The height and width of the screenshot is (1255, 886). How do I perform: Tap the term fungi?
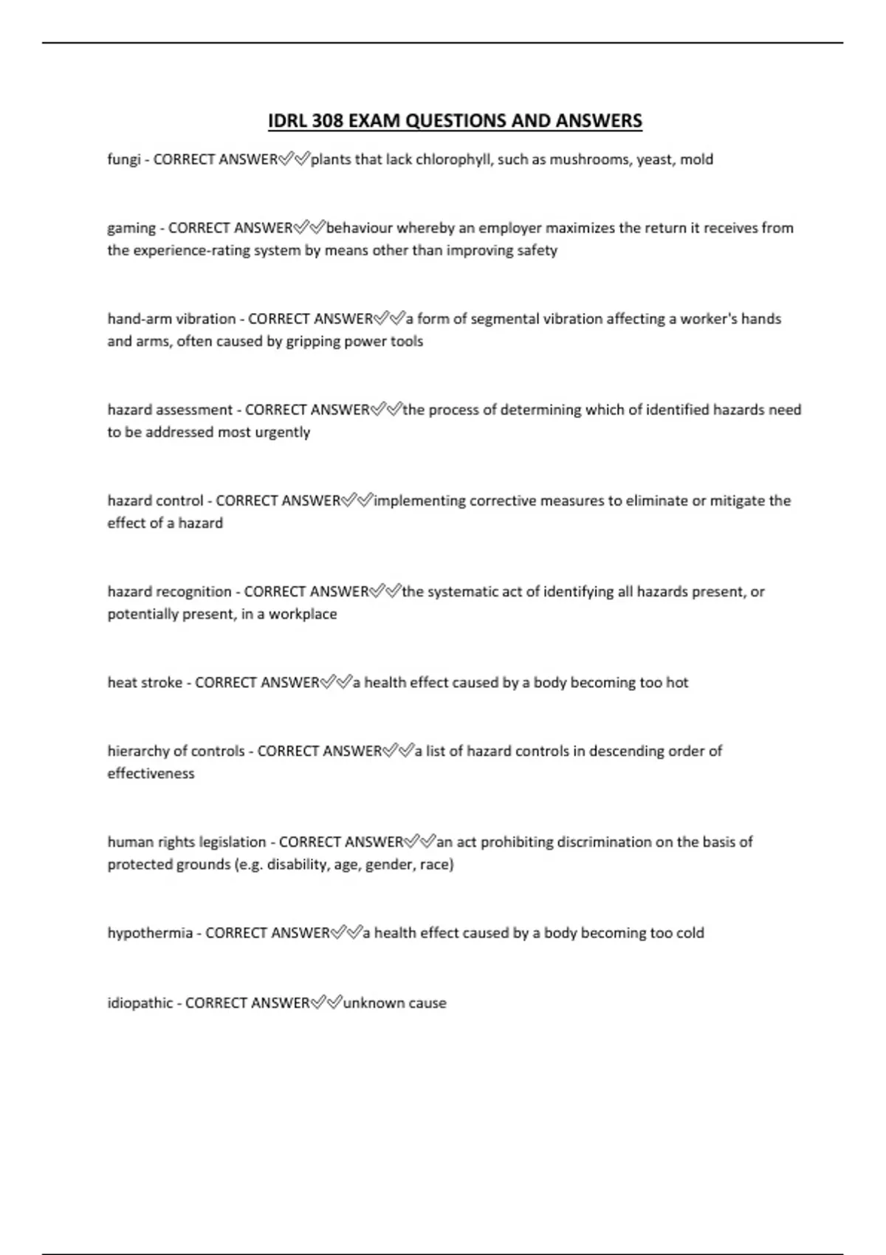(x=123, y=160)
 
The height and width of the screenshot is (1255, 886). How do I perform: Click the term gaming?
(x=131, y=229)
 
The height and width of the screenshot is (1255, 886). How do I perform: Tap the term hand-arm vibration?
(x=171, y=319)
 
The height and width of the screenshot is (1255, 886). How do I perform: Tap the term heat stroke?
(x=145, y=683)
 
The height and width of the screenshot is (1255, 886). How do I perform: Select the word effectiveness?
(x=151, y=774)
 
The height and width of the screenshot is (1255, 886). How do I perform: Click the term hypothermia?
(x=150, y=933)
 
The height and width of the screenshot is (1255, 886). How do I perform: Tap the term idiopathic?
(x=140, y=1003)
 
